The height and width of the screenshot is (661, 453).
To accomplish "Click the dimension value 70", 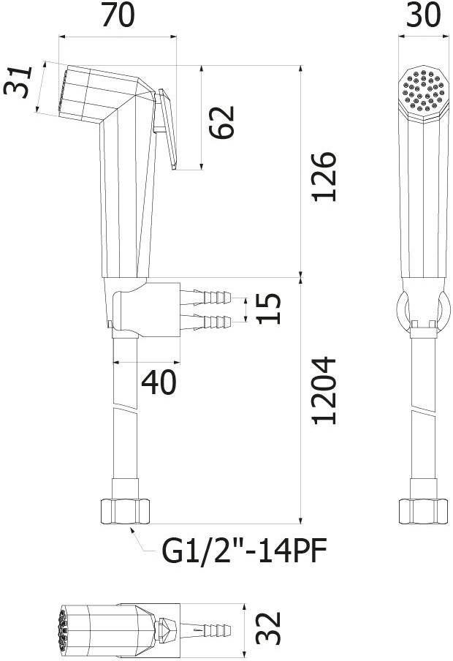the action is tap(118, 16).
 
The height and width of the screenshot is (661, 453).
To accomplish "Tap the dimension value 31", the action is tap(18, 82).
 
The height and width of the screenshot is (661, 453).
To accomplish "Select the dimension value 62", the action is tap(221, 122).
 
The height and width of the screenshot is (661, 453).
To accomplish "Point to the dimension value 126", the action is tap(324, 176).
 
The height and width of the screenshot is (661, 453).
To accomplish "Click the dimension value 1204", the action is tap(324, 390).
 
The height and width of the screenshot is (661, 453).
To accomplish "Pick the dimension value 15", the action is tap(268, 309).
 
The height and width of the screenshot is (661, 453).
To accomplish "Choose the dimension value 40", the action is tap(159, 382).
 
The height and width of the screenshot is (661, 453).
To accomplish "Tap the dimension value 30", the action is tap(424, 15).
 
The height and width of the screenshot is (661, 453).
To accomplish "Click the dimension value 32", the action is tap(268, 627).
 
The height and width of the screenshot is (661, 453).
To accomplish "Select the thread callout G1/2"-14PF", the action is tap(245, 551).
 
